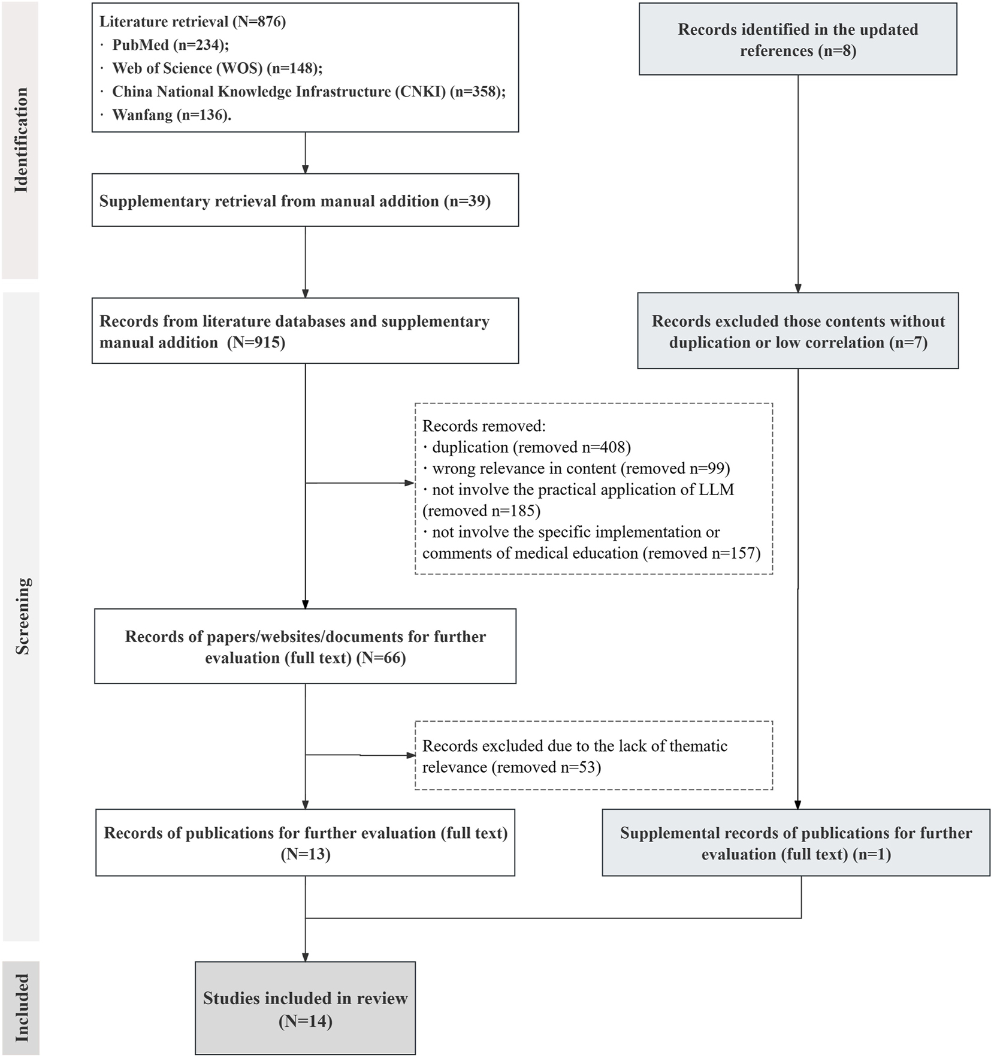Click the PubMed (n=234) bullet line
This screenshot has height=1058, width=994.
pos(171,45)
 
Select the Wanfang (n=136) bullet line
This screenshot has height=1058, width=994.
pos(171,114)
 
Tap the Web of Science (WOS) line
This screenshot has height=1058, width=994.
pos(217,68)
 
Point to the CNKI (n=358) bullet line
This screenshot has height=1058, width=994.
pos(309,92)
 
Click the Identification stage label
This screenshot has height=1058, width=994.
pos(21,140)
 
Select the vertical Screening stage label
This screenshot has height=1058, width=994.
pos(22,616)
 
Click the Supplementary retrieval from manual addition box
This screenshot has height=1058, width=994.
pos(305,200)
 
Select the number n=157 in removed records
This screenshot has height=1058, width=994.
pos(736,553)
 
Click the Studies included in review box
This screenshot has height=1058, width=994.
pos(305,1008)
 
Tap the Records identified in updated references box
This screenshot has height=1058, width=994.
pos(797,40)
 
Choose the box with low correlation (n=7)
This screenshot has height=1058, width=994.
pos(797,331)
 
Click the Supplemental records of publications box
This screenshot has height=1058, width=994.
pos(796,843)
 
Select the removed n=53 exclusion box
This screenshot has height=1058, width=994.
pos(593,756)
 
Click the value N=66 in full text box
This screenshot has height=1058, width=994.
pos(381,658)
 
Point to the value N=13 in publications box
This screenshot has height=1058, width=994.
pos(306,854)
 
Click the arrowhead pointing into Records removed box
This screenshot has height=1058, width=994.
pos(410,483)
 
